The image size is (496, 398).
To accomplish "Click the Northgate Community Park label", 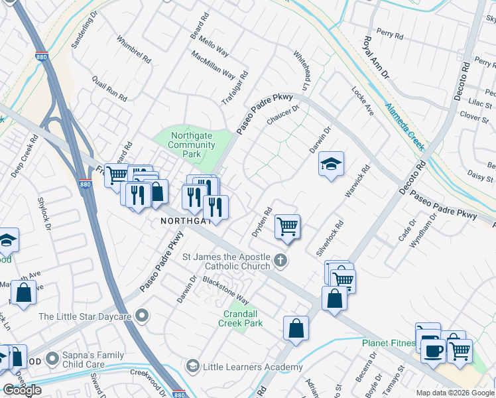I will (192, 145).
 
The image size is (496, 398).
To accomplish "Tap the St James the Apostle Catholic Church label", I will (226, 261).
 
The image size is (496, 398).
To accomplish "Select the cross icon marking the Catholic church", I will (280, 260).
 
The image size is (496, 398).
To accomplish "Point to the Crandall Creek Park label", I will (241, 318).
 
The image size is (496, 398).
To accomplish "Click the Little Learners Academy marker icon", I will (192, 366).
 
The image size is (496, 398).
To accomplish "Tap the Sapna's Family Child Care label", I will (93, 359).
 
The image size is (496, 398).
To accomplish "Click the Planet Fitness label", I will (389, 343).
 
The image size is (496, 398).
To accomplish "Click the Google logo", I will (23, 389).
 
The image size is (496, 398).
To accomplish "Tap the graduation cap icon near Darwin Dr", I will (331, 163).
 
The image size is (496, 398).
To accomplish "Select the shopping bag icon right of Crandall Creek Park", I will (296, 328).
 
